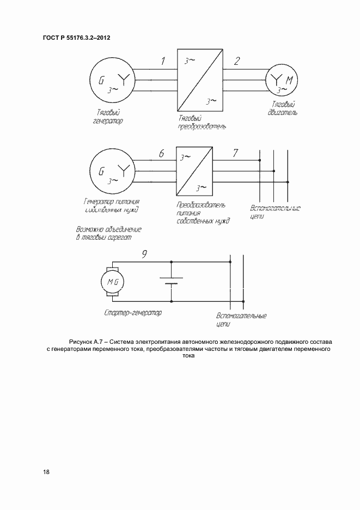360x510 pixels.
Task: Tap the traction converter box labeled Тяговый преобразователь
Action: click(x=199, y=80)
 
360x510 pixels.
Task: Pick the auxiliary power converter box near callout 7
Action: click(x=194, y=171)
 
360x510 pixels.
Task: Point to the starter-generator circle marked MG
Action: click(x=112, y=281)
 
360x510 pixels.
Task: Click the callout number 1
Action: click(x=163, y=61)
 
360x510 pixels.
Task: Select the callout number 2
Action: click(x=237, y=61)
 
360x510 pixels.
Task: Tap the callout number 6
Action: click(x=161, y=154)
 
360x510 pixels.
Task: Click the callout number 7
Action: click(x=235, y=153)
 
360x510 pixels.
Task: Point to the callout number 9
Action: click(x=144, y=253)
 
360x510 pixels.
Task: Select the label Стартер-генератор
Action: click(x=132, y=314)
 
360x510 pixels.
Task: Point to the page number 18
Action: click(x=46, y=472)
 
